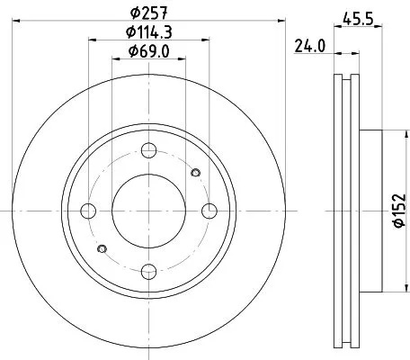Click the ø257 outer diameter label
tap(148, 13)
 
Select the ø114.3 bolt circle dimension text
tap(149, 33)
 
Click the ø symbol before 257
tap(133, 13)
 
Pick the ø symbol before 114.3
tap(127, 33)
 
